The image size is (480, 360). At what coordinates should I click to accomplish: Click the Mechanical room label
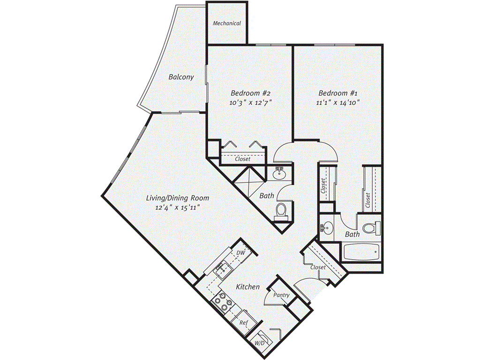tap(227, 23)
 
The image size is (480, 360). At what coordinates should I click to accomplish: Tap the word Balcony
tap(181, 77)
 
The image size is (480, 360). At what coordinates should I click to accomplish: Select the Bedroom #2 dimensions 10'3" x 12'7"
tap(251, 102)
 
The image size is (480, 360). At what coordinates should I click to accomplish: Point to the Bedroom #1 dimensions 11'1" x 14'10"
tap(338, 102)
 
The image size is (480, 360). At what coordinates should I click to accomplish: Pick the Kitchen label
tap(247, 286)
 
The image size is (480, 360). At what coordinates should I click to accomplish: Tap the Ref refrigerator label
tap(243, 323)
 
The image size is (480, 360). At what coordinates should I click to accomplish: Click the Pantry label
tap(282, 295)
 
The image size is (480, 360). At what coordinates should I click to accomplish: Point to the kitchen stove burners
tap(222, 304)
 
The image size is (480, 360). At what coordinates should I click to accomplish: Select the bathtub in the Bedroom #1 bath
tap(360, 253)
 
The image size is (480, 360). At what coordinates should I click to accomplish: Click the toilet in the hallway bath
tap(282, 210)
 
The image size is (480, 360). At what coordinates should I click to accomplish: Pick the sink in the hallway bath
tap(279, 174)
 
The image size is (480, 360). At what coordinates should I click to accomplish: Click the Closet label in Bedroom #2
tap(242, 159)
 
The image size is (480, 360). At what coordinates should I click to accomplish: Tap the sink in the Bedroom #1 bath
tap(327, 229)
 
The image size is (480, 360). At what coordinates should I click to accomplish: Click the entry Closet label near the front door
tap(318, 267)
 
